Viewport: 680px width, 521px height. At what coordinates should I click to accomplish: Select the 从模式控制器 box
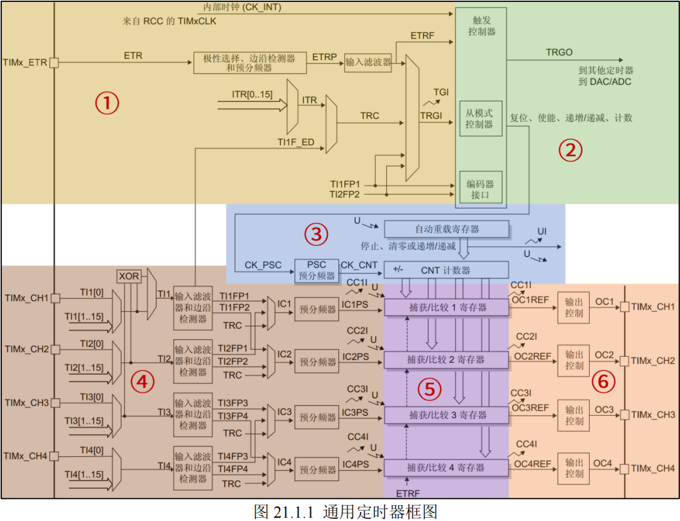click(480, 118)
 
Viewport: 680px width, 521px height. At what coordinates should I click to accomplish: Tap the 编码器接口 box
click(480, 189)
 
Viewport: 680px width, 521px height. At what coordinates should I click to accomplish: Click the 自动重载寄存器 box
click(446, 229)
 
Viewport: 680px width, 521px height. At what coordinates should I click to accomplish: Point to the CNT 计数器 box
click(446, 270)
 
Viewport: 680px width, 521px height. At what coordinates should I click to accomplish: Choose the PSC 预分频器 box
click(316, 270)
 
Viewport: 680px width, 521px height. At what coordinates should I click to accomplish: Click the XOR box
click(129, 277)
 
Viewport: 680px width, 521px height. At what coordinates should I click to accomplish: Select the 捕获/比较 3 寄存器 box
click(446, 415)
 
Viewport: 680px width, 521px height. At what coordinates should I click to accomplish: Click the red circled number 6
click(603, 381)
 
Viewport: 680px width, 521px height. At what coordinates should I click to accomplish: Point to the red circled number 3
click(316, 233)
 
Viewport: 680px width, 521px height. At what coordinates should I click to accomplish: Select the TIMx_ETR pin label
click(26, 63)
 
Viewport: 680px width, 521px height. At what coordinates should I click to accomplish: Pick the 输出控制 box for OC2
click(574, 360)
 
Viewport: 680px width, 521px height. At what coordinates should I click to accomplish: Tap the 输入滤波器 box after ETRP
click(368, 62)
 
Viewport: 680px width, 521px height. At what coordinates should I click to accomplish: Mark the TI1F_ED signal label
click(295, 142)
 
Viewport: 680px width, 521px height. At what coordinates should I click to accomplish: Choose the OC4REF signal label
click(531, 463)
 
